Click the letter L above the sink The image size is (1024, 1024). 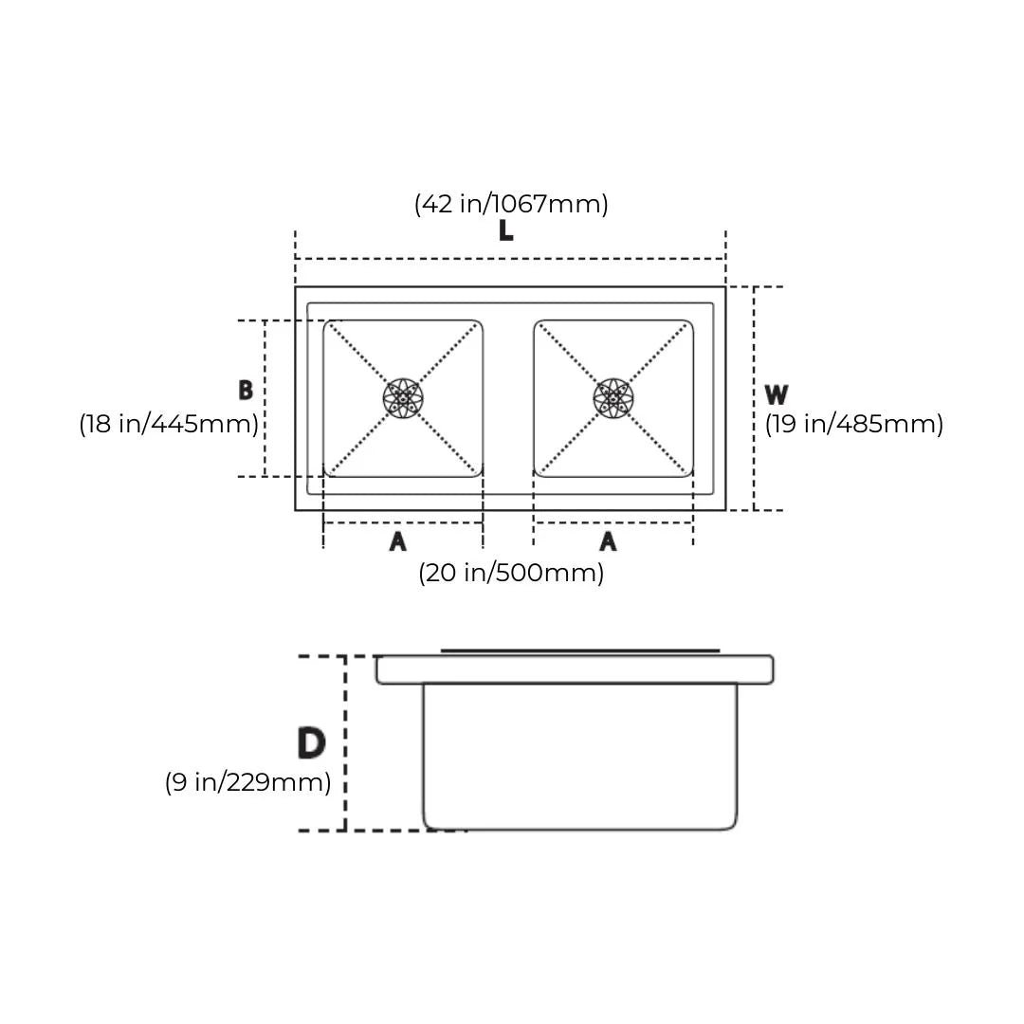tap(505, 230)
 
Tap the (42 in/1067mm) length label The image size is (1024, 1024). tap(511, 204)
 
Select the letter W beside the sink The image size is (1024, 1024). tap(777, 394)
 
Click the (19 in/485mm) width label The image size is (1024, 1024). tap(854, 424)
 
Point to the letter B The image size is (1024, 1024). tap(246, 390)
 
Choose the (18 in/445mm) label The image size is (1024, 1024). tap(169, 424)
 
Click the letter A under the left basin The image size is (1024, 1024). tap(397, 540)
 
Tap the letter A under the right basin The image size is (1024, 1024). tap(608, 540)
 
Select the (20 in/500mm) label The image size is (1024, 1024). tap(511, 573)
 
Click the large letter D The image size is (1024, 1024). tap(312, 743)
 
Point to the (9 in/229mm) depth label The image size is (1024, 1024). tap(248, 781)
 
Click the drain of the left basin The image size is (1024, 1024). tap(403, 397)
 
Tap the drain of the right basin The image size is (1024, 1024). tap(613, 397)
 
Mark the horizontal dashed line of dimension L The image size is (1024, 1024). tap(510, 259)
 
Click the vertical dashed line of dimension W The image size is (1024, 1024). tap(755, 398)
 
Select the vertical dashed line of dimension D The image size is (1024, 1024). tap(345, 743)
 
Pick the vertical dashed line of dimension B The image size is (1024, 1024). tap(265, 398)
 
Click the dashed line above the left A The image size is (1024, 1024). tap(403, 522)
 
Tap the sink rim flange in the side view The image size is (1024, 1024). tap(575, 669)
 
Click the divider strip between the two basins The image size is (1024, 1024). tap(509, 398)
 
